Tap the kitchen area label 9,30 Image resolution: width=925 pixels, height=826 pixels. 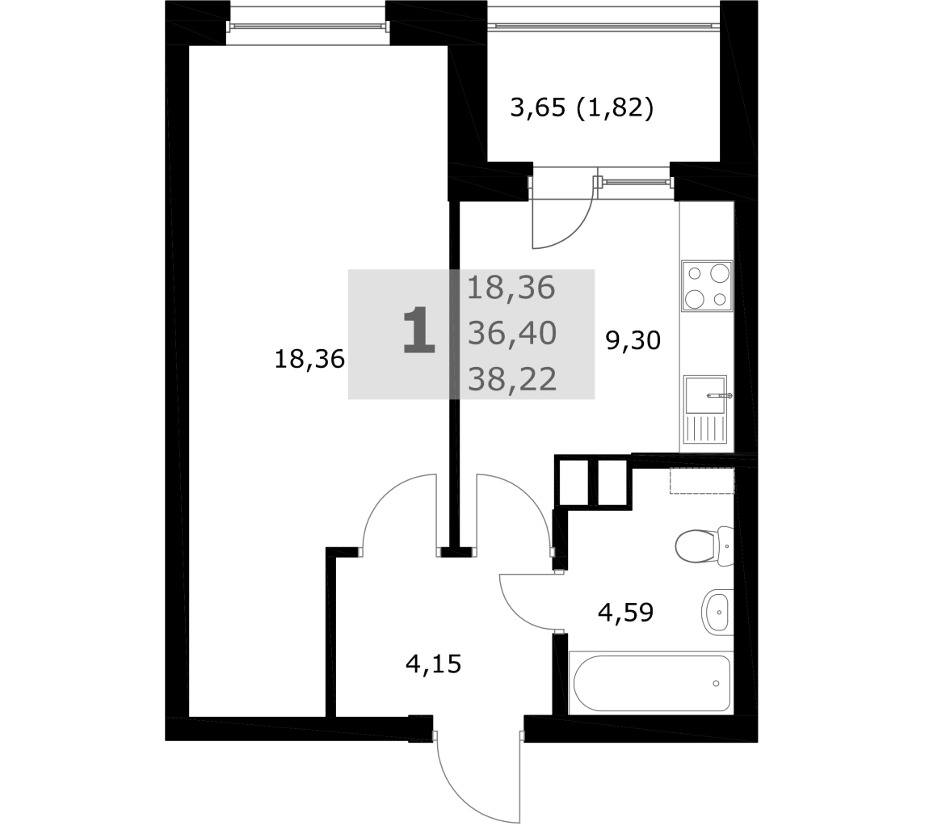pos(633,340)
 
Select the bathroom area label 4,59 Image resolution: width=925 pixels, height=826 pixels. pos(626,613)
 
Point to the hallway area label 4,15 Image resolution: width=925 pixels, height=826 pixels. pos(434,664)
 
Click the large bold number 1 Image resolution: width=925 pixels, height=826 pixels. pos(418,331)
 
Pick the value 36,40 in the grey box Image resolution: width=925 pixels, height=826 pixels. pos(512,334)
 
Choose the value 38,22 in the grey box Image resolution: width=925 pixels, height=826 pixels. pos(512,379)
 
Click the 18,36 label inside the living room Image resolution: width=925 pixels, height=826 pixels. pos(309,359)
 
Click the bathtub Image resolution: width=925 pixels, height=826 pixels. pos(651,683)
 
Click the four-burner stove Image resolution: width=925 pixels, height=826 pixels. pos(707,286)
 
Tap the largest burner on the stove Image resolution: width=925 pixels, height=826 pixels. pos(720,272)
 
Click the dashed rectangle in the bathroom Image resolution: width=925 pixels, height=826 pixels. pos(702,481)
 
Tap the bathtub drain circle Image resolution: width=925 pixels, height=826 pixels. pos(716,683)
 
